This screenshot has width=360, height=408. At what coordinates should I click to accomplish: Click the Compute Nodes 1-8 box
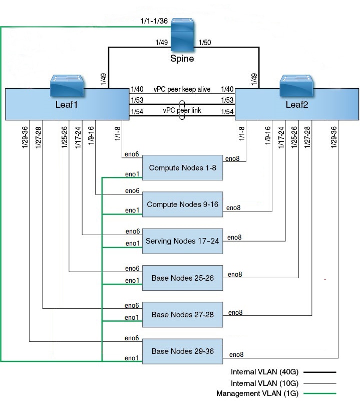(x=183, y=167)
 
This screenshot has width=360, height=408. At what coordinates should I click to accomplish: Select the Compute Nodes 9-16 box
(x=183, y=205)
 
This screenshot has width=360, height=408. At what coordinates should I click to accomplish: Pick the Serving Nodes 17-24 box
(x=183, y=241)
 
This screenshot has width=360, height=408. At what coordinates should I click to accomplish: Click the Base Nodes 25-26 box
(x=183, y=278)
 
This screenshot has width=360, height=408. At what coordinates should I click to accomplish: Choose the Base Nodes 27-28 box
(x=183, y=315)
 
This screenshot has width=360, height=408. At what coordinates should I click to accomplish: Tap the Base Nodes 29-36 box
(x=183, y=351)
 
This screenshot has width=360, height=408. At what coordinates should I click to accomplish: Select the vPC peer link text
(x=182, y=111)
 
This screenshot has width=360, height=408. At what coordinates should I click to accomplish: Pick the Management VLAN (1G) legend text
(x=257, y=394)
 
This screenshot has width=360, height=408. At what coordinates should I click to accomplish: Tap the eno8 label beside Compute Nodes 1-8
(x=232, y=158)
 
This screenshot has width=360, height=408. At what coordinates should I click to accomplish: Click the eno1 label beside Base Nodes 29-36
(x=131, y=359)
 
